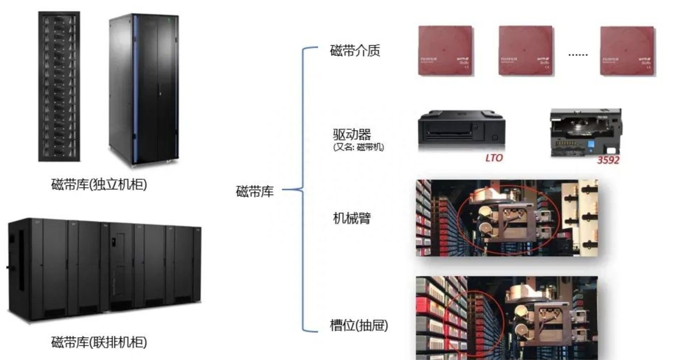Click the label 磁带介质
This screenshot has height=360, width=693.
tap(355, 51)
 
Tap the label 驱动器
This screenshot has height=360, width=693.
tap(352, 134)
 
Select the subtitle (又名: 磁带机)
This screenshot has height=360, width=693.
tap(358, 147)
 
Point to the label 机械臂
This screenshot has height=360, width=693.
tap(352, 218)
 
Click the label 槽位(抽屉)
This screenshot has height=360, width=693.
tap(358, 325)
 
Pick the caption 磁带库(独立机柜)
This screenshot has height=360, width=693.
tap(99, 185)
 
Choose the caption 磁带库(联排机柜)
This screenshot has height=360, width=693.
tap(99, 342)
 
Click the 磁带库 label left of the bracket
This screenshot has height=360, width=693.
tap(254, 192)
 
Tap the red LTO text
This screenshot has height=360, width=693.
tap(494, 158)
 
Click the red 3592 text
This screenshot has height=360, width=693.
tap(608, 160)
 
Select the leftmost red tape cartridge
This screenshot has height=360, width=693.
tap(445, 51)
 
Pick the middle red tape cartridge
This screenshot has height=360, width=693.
tap(526, 51)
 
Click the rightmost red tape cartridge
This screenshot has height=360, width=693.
tap(627, 51)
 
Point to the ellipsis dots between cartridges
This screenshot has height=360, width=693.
tap(578, 55)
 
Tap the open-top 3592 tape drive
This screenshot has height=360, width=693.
tap(586, 132)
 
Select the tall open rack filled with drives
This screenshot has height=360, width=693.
tap(59, 87)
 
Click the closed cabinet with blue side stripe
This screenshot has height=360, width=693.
tap(144, 89)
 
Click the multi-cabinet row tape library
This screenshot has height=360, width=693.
tap(105, 269)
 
